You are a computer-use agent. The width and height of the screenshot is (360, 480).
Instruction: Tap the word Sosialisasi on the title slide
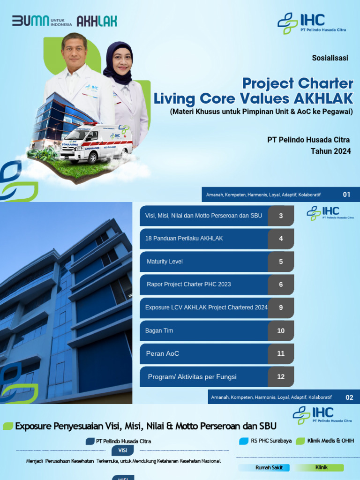pyautogui.click(x=330, y=58)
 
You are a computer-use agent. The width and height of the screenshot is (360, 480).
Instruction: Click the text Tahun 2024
pyautogui.click(x=330, y=151)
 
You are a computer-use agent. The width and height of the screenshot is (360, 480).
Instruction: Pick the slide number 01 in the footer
pyautogui.click(x=346, y=195)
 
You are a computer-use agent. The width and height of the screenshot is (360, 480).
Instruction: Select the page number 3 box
pyautogui.click(x=281, y=216)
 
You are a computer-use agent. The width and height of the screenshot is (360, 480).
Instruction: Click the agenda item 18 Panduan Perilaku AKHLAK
pyautogui.click(x=184, y=239)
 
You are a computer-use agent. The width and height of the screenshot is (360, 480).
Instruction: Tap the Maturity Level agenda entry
pyautogui.click(x=165, y=262)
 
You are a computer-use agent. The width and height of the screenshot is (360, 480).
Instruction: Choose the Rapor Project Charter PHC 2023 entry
pyautogui.click(x=188, y=285)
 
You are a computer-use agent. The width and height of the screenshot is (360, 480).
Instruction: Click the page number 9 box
pyautogui.click(x=281, y=307)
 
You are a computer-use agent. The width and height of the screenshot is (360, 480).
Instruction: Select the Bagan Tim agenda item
pyautogui.click(x=159, y=330)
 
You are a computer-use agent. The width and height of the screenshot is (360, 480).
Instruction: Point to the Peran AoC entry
pyautogui.click(x=163, y=353)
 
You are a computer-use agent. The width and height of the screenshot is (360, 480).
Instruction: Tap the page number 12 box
pyautogui.click(x=281, y=376)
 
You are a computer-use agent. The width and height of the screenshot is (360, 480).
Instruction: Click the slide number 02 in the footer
pyautogui.click(x=349, y=397)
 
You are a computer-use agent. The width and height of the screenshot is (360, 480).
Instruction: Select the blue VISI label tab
pyautogui.click(x=123, y=450)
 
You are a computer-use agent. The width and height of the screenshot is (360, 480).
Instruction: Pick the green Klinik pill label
pyautogui.click(x=322, y=468)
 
